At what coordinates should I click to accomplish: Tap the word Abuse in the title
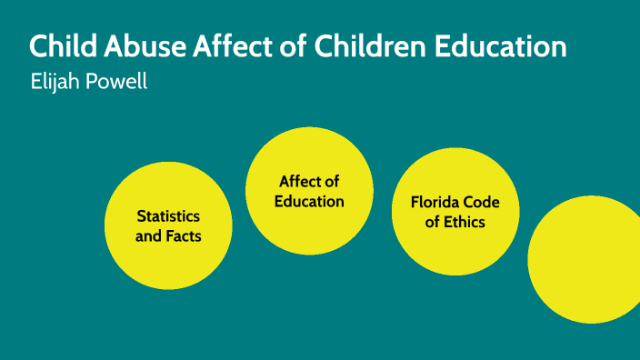(131, 47)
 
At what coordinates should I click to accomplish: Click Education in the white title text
(495, 47)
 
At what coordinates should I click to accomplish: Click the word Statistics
(168, 216)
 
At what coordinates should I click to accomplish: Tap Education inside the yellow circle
(310, 201)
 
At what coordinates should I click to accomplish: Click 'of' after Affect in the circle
(332, 182)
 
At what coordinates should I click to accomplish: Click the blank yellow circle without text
(586, 259)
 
